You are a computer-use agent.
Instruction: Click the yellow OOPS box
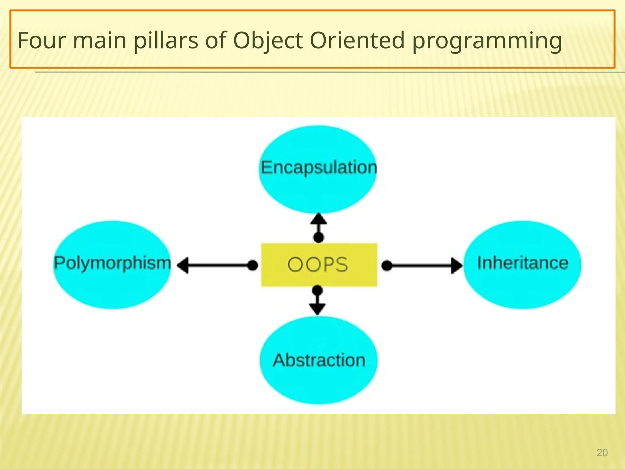[319, 265]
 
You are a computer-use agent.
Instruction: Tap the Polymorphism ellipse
[112, 264]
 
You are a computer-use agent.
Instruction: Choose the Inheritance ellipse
[522, 264]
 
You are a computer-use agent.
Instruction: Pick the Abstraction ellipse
[319, 360]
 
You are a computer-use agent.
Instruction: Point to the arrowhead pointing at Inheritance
[457, 265]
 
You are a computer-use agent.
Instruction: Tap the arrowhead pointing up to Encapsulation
[319, 219]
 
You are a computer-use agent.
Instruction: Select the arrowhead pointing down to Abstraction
[317, 309]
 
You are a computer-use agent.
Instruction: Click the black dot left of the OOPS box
[253, 265]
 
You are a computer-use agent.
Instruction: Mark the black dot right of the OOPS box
[387, 265]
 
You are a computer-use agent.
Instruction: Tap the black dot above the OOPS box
[319, 237]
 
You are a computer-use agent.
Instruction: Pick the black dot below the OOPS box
[317, 290]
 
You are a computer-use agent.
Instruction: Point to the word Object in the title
[268, 40]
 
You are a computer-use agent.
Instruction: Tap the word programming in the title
[487, 41]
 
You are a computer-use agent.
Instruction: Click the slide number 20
[602, 453]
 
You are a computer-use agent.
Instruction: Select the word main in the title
[99, 40]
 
